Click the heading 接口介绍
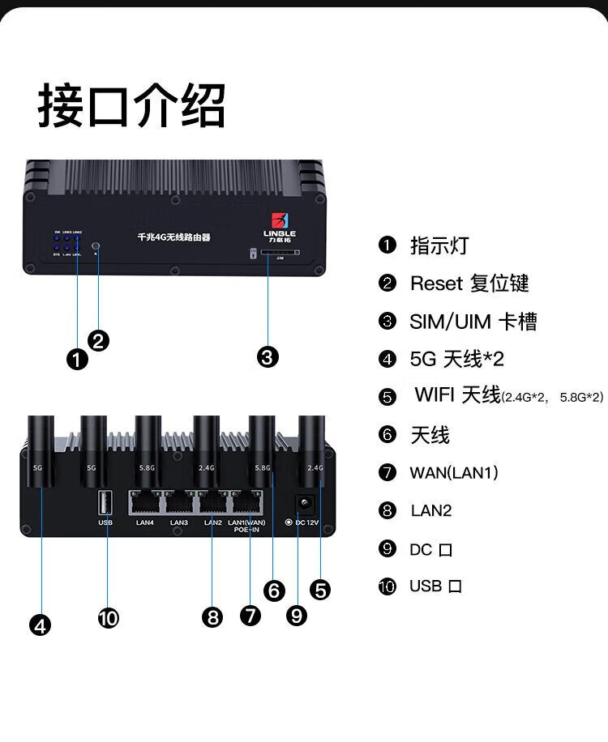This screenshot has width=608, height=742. [131, 106]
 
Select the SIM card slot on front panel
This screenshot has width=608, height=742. [276, 253]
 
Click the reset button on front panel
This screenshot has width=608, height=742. [97, 245]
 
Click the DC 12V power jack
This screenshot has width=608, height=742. [304, 503]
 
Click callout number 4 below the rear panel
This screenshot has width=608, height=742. [40, 625]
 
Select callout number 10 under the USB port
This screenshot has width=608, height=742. [108, 619]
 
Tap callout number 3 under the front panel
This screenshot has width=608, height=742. [268, 356]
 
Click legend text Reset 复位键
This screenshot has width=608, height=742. [469, 284]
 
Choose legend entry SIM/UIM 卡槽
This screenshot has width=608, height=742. [473, 322]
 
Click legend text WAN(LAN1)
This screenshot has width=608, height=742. [454, 472]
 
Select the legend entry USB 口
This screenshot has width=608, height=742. [435, 586]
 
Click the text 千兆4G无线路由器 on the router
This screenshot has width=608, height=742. [173, 237]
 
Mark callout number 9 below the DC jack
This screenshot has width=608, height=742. [297, 616]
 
